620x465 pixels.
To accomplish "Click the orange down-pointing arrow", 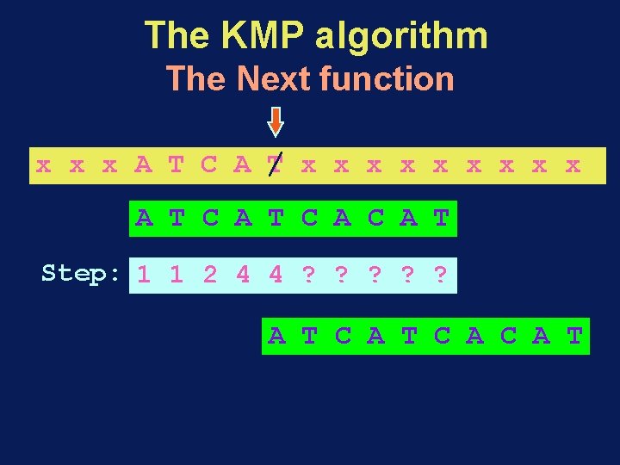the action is coord(275,121).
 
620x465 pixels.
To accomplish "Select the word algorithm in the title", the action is coord(402,37).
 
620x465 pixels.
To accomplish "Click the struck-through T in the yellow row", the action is coord(275,164).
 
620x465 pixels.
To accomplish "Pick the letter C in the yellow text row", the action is coord(209,164).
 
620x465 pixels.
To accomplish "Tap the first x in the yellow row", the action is coord(43,164).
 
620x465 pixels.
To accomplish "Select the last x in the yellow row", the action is coord(573,164).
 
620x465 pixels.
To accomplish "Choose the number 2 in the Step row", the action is coord(210,276).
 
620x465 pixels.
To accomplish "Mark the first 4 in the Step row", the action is coord(243,276).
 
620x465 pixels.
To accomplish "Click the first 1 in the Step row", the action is coord(144,276).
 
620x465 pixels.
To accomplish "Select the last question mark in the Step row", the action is coord(441,276).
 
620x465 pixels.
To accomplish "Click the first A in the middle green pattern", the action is coord(144,219).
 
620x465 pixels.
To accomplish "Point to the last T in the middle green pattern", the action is coord(441,219).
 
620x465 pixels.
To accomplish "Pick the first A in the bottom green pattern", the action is coord(276,336).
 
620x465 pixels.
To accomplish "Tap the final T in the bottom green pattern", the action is coord(574,336).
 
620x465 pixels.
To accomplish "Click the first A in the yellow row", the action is coord(143,164).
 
